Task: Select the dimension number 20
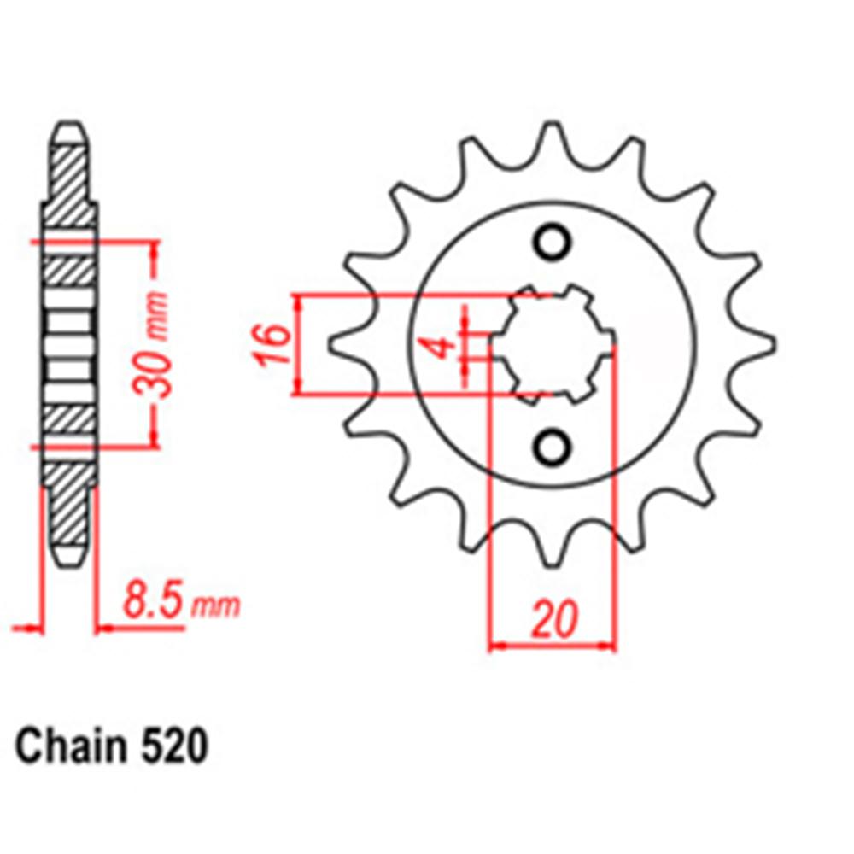tap(553, 621)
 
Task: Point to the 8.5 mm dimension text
tap(180, 602)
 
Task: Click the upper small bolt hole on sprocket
tap(552, 242)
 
